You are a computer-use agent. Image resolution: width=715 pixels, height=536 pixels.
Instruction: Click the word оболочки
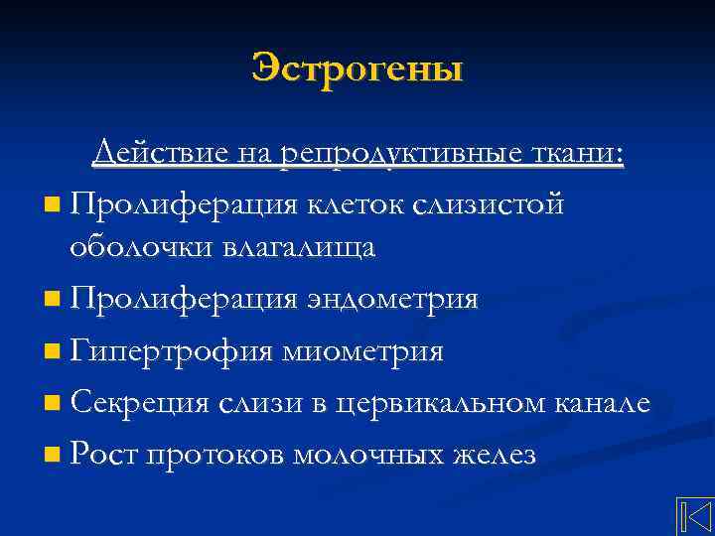coord(135,247)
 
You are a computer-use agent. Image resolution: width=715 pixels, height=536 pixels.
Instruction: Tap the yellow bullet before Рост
coord(52,457)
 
